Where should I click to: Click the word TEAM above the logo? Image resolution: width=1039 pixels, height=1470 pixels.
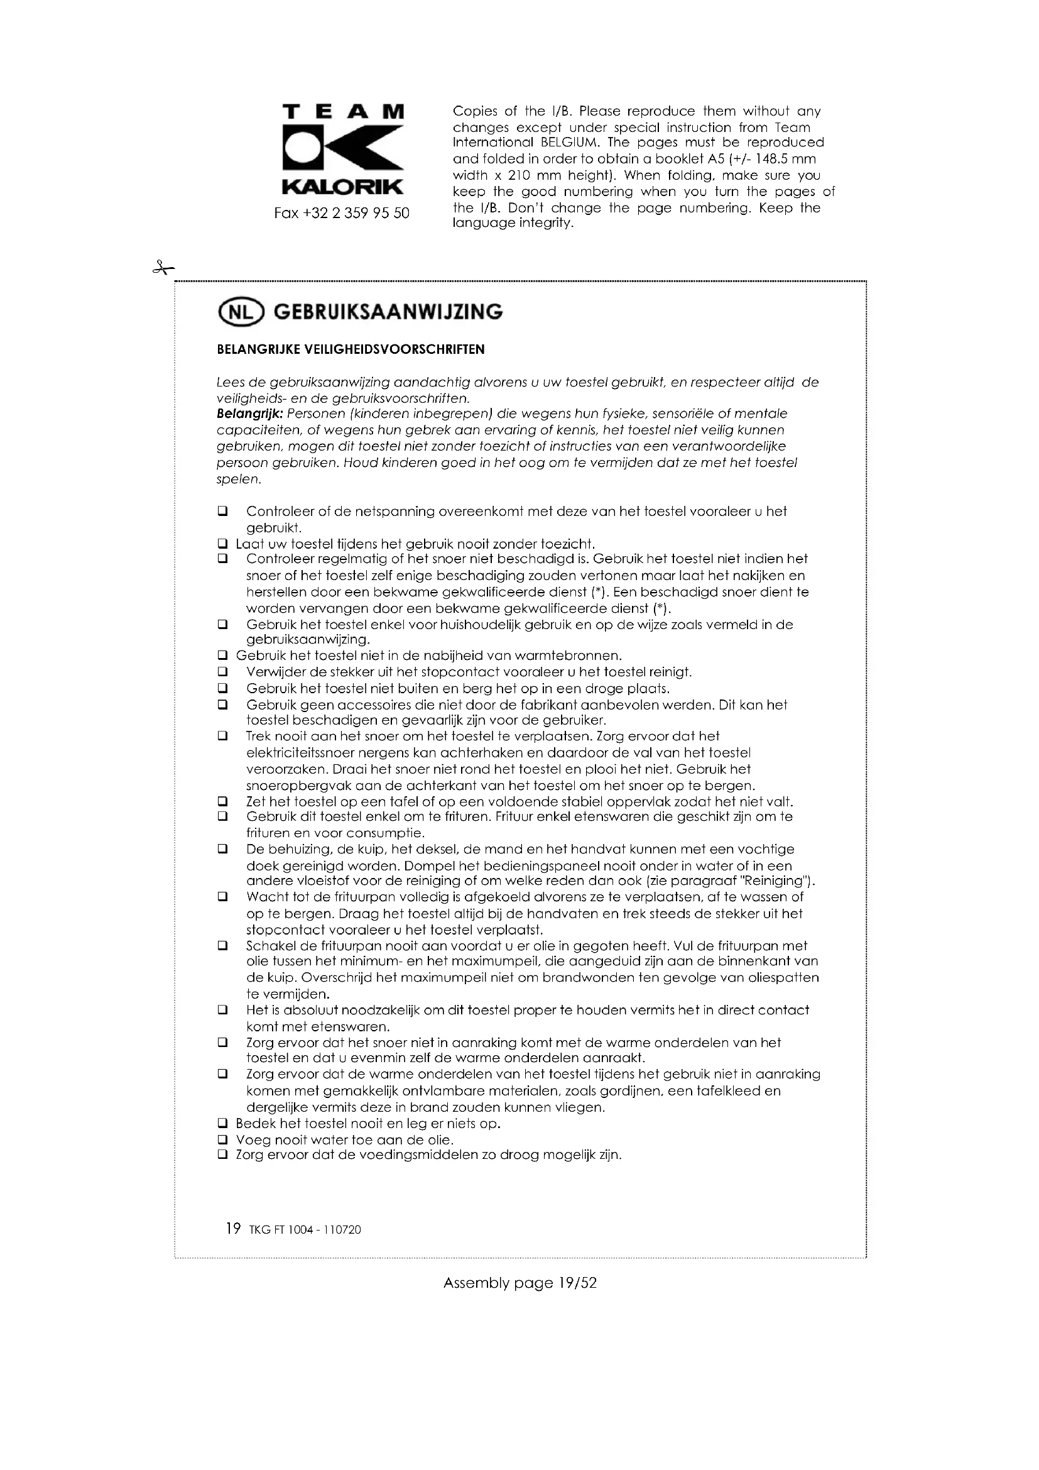coord(343,112)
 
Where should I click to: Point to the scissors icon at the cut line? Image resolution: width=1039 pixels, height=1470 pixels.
coord(163,268)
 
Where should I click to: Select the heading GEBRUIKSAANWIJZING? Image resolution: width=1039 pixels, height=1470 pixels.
coord(388,312)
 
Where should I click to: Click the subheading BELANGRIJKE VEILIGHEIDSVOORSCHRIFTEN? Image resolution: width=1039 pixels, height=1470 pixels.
coord(351,349)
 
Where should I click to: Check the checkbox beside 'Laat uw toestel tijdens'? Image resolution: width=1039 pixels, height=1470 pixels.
coord(222,544)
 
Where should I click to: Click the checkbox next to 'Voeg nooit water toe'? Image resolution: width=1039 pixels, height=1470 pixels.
coord(222,1139)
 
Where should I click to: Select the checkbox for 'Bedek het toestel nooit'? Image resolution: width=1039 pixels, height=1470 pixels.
coord(222,1124)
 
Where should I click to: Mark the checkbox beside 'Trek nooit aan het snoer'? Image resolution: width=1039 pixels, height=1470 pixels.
coord(222,737)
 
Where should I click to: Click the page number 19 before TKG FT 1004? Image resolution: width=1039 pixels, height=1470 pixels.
coord(233,1228)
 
